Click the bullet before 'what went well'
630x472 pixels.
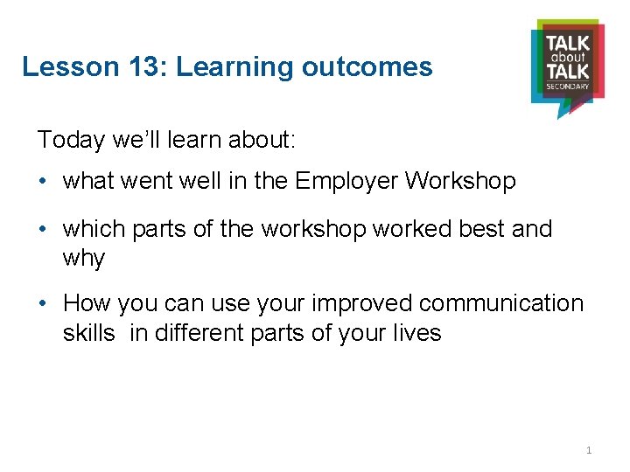[43, 182]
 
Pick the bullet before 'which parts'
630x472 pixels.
[43, 229]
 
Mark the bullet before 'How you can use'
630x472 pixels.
[43, 303]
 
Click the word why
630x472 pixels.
[84, 259]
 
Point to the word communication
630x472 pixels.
[501, 303]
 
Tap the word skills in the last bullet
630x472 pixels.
[88, 333]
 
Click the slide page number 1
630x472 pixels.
[589, 450]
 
